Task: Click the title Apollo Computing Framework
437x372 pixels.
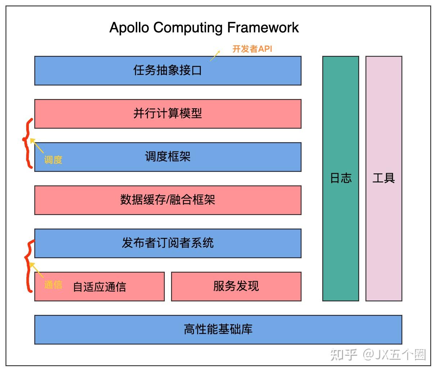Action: (x=204, y=28)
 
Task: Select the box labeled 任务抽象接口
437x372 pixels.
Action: (x=168, y=71)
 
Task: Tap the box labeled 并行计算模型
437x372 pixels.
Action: (x=168, y=114)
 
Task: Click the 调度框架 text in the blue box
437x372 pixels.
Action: (x=168, y=157)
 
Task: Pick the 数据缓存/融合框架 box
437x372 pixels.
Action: (x=168, y=200)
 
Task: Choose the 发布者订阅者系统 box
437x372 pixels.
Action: (x=168, y=243)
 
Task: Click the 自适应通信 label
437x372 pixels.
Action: (x=100, y=287)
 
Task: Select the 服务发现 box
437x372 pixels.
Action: (x=236, y=286)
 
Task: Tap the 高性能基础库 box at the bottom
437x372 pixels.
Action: (x=218, y=330)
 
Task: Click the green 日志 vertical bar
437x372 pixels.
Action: (x=341, y=178)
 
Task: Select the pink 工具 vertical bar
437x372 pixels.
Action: (x=384, y=178)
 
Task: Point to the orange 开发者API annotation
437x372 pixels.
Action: (x=252, y=49)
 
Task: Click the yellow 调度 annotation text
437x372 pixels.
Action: (x=53, y=159)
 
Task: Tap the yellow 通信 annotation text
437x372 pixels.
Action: (x=53, y=285)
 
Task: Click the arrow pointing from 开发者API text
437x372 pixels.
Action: (x=215, y=56)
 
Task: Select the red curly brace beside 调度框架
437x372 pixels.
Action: (x=27, y=143)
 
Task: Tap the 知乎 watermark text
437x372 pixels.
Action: (x=343, y=354)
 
